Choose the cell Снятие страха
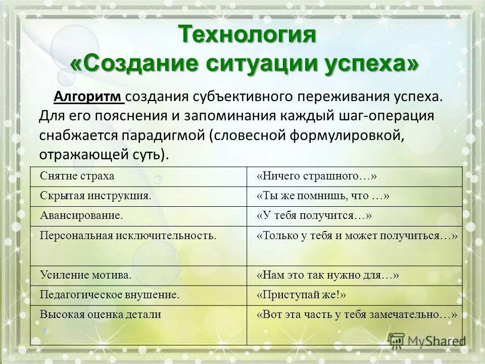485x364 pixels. (77, 175)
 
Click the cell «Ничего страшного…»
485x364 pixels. (317, 175)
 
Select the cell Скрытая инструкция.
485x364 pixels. (96, 195)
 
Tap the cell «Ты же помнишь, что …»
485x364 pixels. (323, 195)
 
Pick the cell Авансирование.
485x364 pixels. (82, 215)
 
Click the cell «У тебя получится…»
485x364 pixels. (314, 215)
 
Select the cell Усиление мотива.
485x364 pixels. (86, 275)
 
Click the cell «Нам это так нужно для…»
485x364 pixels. (328, 275)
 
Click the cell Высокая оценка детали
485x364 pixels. (101, 314)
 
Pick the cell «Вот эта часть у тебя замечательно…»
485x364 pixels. (357, 314)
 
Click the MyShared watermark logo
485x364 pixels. (427, 340)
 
